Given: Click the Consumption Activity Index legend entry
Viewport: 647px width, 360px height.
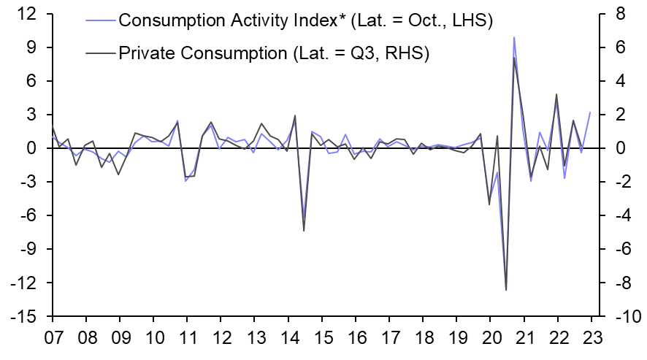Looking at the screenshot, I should (305, 20).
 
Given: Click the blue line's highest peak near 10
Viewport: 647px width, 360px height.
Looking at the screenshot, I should (514, 37).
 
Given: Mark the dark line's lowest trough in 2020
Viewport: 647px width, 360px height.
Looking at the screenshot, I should (505, 290).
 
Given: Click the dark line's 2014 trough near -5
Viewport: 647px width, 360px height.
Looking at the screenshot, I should (303, 231).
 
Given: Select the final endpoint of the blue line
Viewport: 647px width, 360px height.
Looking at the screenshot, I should (590, 112).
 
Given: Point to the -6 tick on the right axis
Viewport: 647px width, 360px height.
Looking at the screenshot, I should (622, 249).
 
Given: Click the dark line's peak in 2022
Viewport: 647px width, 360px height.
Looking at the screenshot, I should (556, 94).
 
